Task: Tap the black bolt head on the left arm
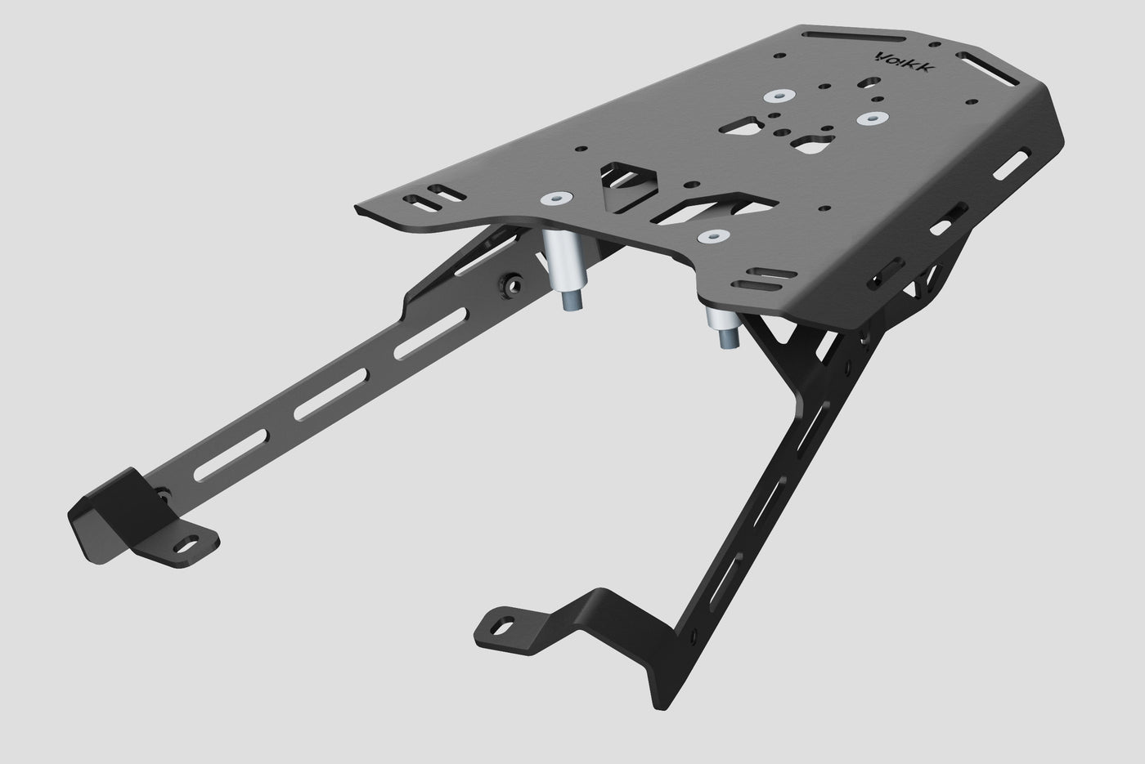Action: pyautogui.click(x=512, y=284)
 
